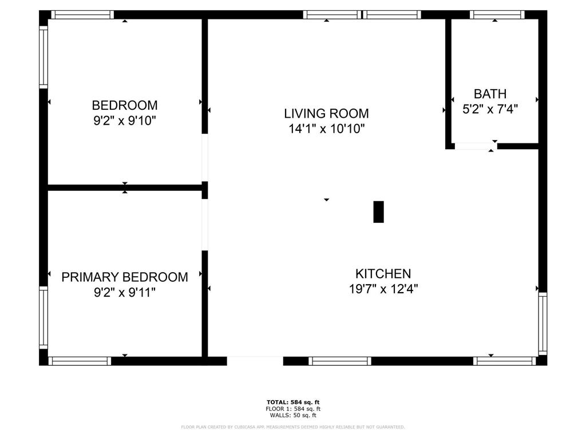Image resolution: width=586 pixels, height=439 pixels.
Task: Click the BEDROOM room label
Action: coord(124,105)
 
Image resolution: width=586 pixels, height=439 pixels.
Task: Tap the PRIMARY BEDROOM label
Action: coord(124,277)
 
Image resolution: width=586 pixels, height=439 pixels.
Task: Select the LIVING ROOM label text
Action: coord(326,114)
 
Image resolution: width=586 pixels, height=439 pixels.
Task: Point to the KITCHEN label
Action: coord(383,274)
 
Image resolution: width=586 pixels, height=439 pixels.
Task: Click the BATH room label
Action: coord(490,94)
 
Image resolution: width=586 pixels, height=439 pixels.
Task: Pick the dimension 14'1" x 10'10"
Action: coord(326,129)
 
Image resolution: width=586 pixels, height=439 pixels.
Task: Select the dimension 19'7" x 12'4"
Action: coord(383,289)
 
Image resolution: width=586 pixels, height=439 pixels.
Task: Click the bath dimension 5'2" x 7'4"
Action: coord(490,109)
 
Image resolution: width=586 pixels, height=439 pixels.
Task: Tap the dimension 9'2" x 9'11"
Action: coord(124,292)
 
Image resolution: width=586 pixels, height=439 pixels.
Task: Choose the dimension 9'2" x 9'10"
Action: coord(124,121)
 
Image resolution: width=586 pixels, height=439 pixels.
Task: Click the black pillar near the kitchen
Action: coord(379,212)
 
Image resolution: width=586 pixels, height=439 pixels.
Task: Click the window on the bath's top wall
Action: coord(497,15)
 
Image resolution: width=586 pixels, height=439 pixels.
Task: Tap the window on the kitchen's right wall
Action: coord(543,324)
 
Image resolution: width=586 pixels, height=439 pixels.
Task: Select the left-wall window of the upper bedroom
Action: coord(43,57)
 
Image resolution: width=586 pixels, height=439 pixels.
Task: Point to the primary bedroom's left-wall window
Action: coord(43,318)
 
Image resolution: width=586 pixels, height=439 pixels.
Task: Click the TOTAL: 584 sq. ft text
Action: coord(293,402)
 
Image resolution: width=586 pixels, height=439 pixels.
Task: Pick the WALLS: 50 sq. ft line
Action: coord(293,415)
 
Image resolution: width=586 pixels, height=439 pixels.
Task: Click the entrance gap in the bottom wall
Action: coord(255,361)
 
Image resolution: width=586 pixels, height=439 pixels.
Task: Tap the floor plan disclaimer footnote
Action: coord(292,427)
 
